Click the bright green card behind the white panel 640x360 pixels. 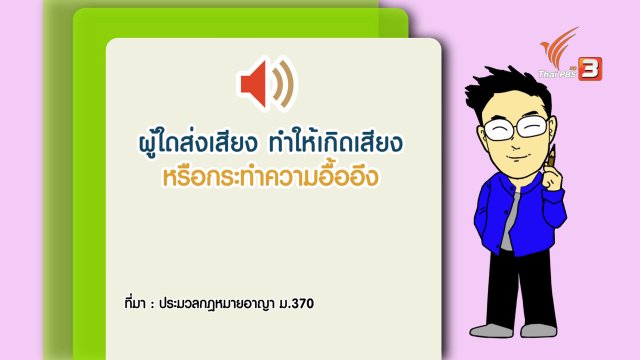tap(90, 150)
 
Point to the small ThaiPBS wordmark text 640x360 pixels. tap(556, 74)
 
